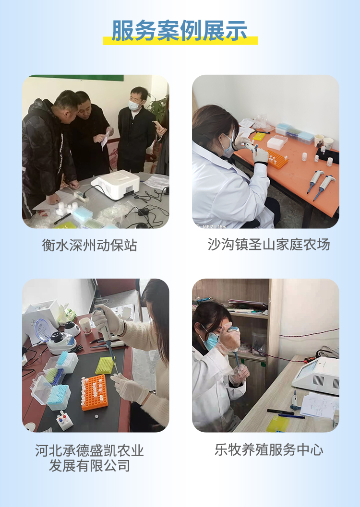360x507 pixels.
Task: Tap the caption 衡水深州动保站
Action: (89, 245)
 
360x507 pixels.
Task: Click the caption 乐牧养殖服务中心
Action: (269, 449)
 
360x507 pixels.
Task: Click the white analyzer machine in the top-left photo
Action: (115, 184)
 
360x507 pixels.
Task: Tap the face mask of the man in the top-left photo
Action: (134, 105)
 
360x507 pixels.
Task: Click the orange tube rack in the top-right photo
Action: (277, 159)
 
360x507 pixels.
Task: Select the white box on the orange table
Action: (277, 142)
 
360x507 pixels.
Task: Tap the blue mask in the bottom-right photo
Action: (211, 341)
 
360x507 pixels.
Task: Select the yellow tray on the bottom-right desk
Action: (279, 423)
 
